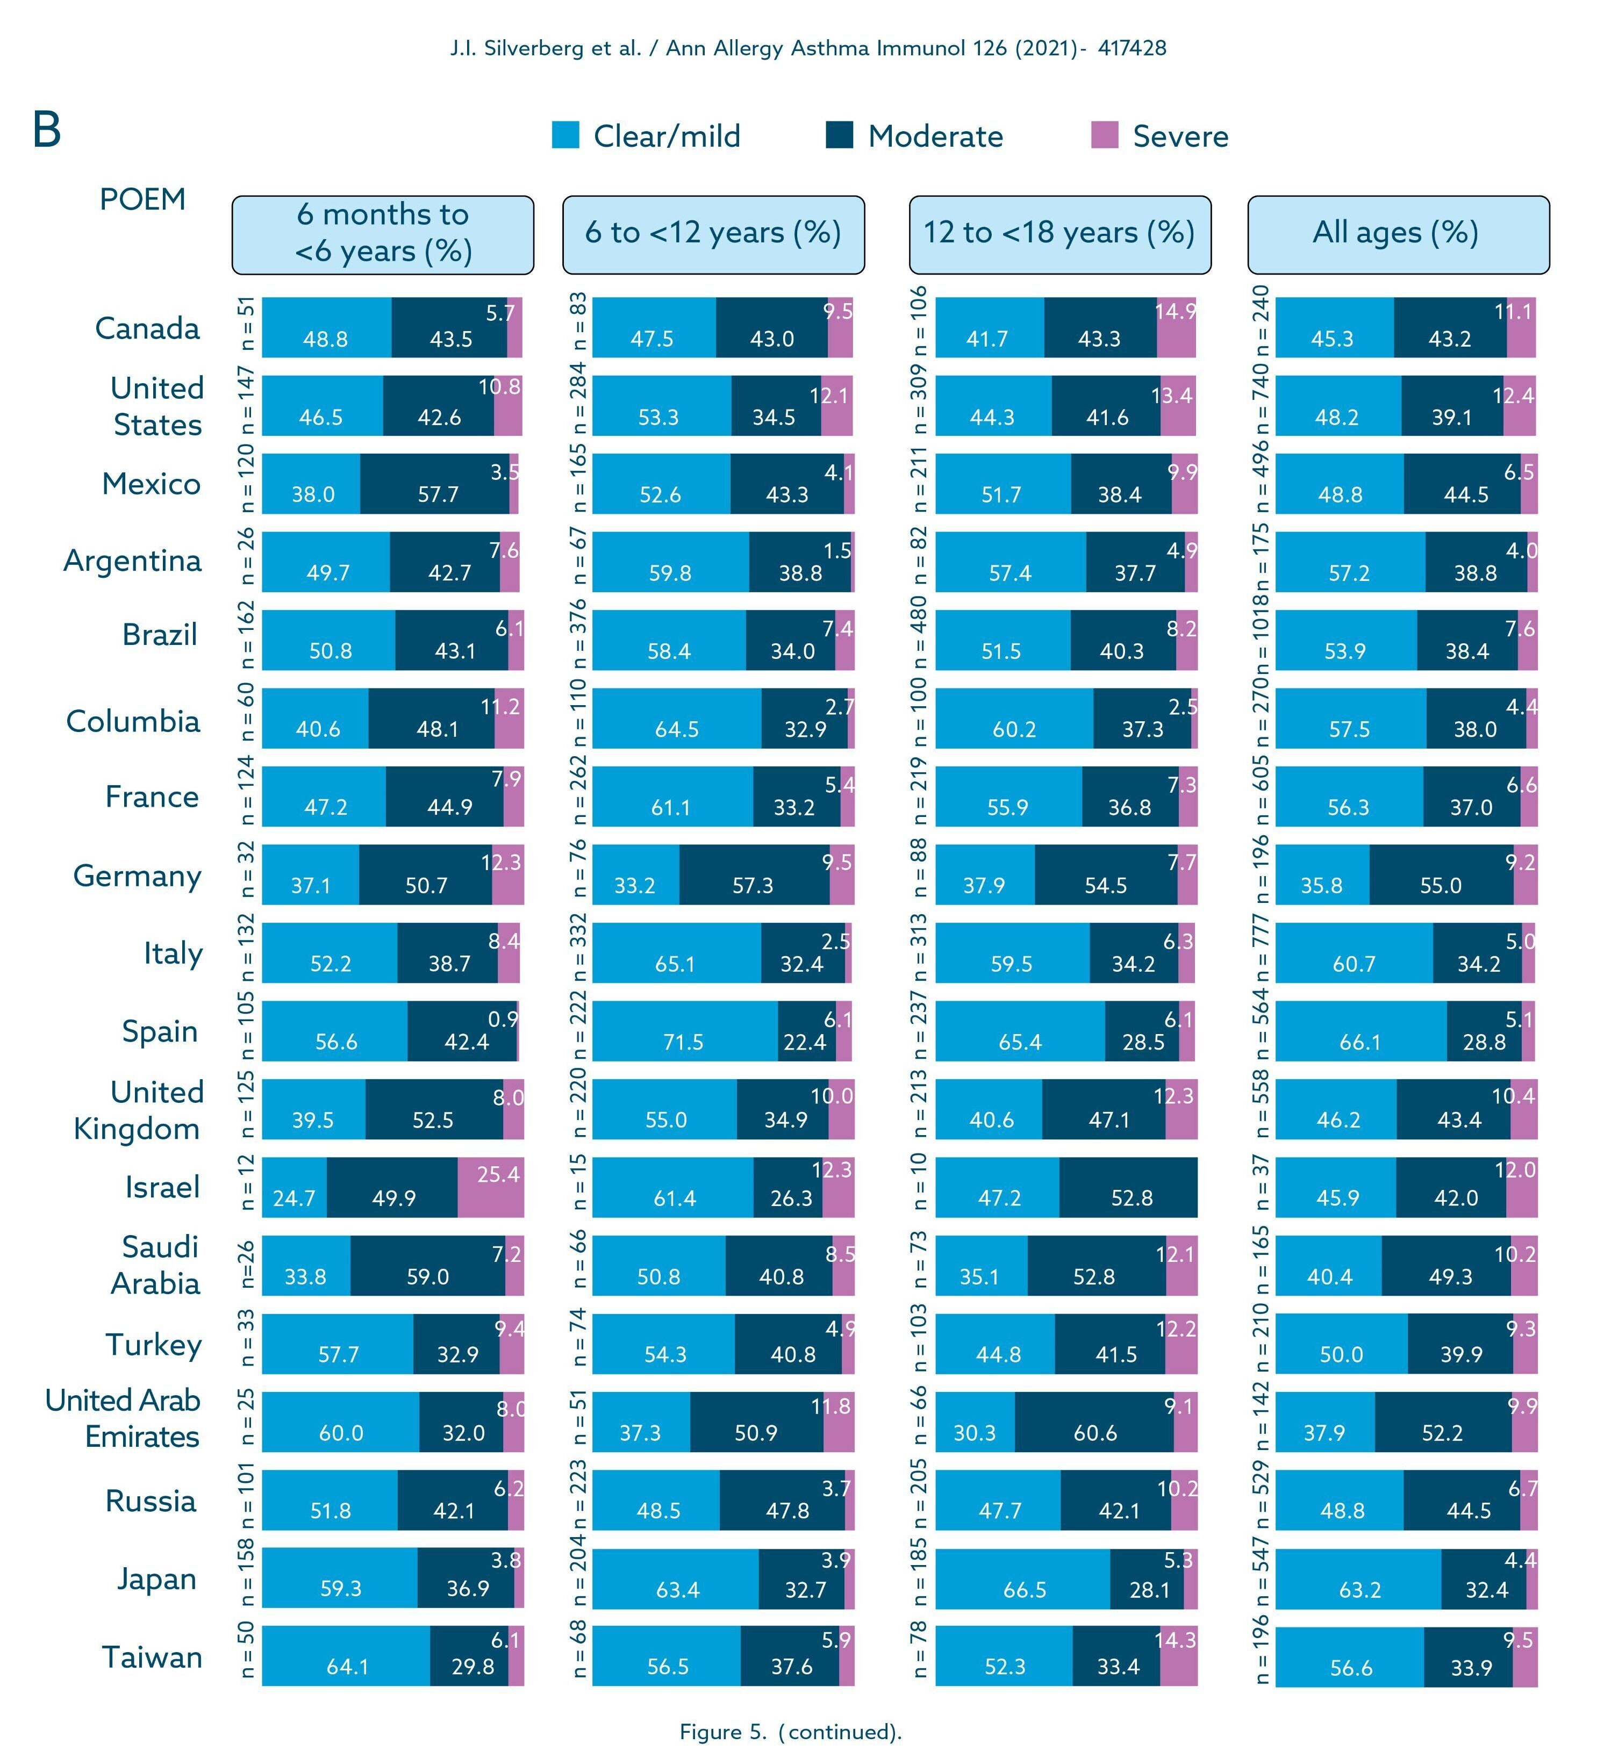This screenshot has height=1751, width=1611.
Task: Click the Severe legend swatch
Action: [x=1105, y=136]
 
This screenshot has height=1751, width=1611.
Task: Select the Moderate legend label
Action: [x=935, y=137]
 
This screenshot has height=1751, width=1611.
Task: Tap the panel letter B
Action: [x=47, y=131]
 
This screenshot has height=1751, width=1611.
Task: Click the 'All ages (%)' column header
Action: [x=1398, y=234]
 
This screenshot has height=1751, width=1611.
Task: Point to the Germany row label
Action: [x=137, y=875]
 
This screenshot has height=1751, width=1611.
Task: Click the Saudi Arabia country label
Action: [x=156, y=1265]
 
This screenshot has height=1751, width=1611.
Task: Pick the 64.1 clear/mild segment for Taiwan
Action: [x=346, y=1656]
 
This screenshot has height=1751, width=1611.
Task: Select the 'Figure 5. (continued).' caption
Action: [x=790, y=1731]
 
